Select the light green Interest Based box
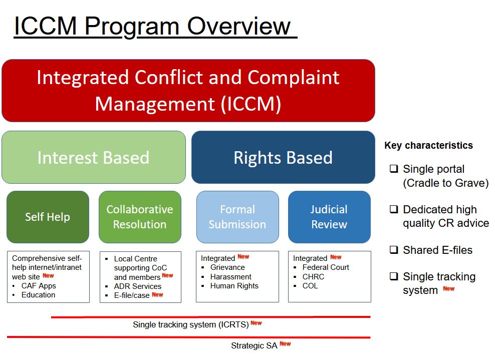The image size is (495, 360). click(x=94, y=157)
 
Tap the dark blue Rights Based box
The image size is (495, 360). click(x=283, y=157)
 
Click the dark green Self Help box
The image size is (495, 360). click(x=48, y=217)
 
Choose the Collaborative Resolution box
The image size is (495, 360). click(x=140, y=217)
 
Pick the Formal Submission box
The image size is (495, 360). click(x=237, y=217)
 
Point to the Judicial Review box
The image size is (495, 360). click(x=329, y=217)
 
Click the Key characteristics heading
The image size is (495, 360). click(x=428, y=145)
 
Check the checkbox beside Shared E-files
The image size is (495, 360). click(x=394, y=250)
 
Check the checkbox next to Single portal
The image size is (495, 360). click(x=394, y=168)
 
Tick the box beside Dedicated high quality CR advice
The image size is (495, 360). click(x=394, y=209)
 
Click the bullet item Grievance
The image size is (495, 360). click(x=227, y=267)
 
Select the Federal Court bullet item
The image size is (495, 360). click(x=326, y=267)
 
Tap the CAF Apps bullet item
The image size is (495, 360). click(x=39, y=286)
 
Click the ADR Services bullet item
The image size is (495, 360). click(x=138, y=286)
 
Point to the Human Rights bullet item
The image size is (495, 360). click(x=234, y=286)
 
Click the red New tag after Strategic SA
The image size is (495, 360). click(x=285, y=343)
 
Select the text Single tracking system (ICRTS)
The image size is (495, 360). click(x=191, y=324)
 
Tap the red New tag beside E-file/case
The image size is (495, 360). click(x=157, y=294)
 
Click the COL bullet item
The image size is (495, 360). click(x=310, y=286)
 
